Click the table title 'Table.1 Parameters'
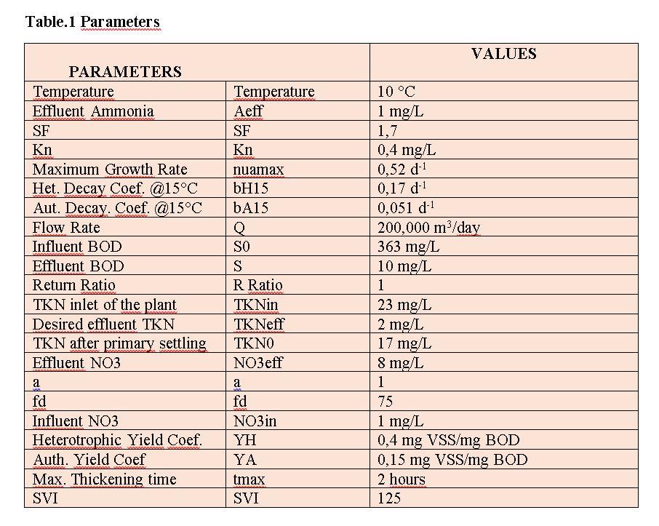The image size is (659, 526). click(x=92, y=22)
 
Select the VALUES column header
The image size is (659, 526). click(x=503, y=54)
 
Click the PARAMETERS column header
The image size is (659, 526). click(x=125, y=71)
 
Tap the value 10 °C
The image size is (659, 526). click(x=396, y=92)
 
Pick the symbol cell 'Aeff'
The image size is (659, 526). click(x=249, y=111)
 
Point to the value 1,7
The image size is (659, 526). click(x=388, y=131)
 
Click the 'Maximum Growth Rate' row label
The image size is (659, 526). click(x=110, y=170)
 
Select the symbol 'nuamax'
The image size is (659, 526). click(x=259, y=170)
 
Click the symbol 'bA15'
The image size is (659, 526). click(x=251, y=208)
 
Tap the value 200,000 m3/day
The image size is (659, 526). click(x=429, y=227)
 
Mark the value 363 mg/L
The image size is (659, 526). click(x=409, y=247)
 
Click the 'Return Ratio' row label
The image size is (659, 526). click(x=74, y=285)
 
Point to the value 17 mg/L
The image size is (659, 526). click(x=404, y=343)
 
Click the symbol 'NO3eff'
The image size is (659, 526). click(x=258, y=363)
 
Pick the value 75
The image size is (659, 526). click(x=386, y=402)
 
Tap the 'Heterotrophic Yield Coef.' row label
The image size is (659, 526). click(x=118, y=440)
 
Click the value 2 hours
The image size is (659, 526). click(x=402, y=479)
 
